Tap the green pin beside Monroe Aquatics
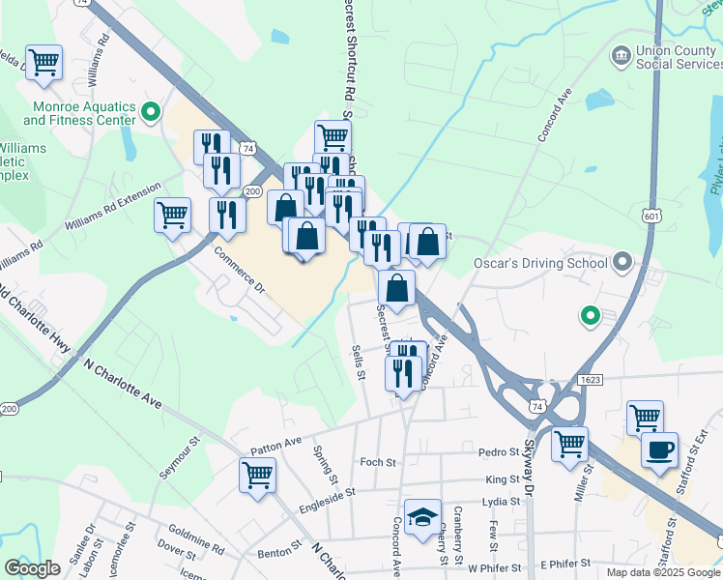[150, 113]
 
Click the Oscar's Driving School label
[540, 263]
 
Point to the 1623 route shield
[591, 380]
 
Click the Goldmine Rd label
[195, 538]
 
